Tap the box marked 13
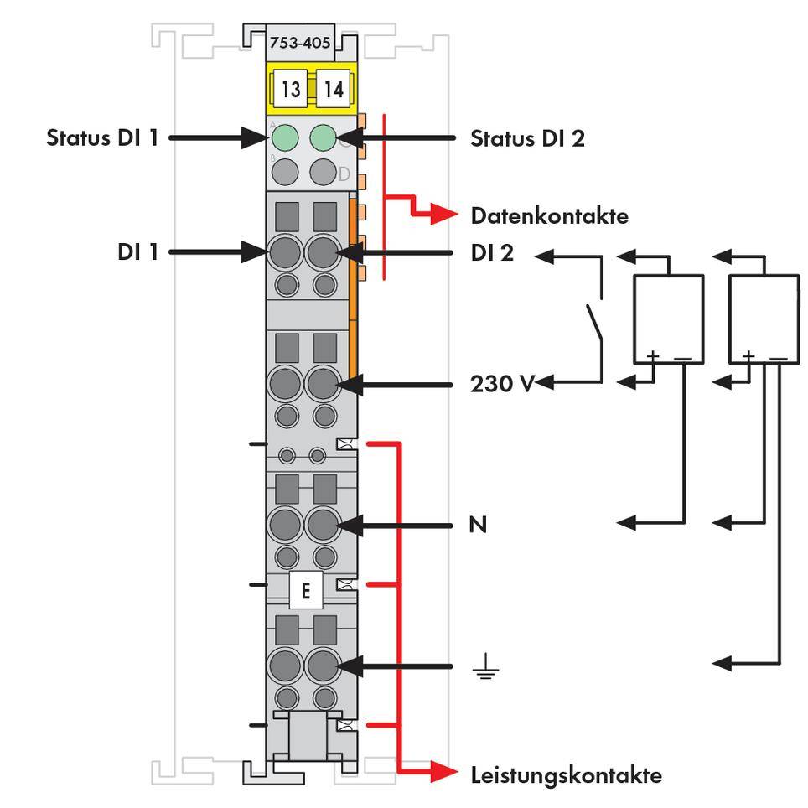click(x=290, y=90)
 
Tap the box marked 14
click(x=334, y=90)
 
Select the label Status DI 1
click(x=101, y=137)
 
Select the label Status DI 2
click(x=527, y=137)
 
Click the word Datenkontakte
click(x=549, y=216)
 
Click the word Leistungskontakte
click(x=566, y=774)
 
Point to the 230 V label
click(x=501, y=385)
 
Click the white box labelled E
click(x=305, y=591)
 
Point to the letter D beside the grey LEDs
click(x=344, y=174)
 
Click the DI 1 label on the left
click(x=137, y=251)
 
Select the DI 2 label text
click(x=492, y=251)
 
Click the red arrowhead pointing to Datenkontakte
click(x=446, y=215)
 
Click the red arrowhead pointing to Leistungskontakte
click(x=446, y=774)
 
